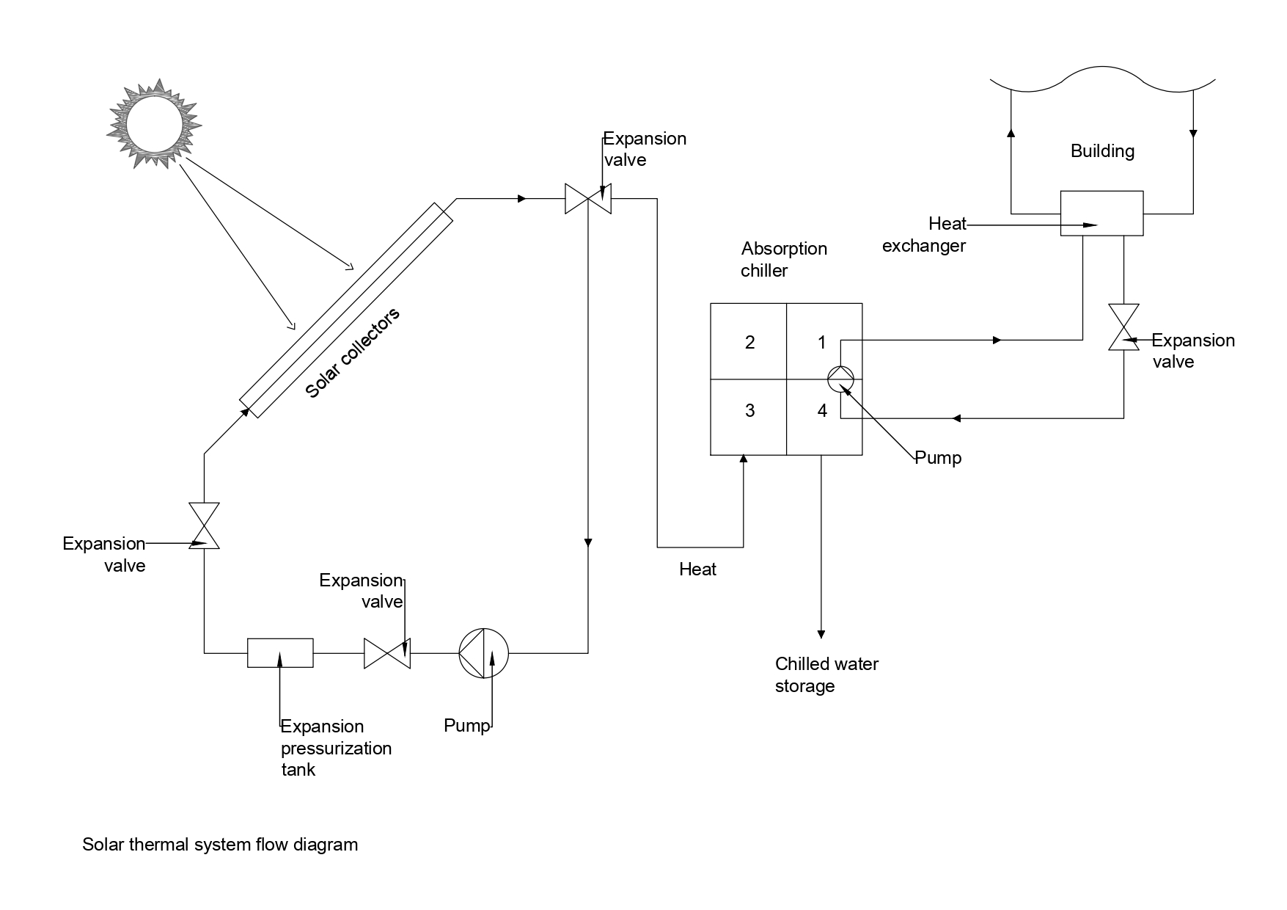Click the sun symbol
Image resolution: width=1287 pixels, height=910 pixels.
154,123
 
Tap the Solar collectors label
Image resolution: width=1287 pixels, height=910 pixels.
353,353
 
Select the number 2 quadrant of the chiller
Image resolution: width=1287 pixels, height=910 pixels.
749,341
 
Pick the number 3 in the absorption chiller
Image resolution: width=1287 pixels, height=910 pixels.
749,410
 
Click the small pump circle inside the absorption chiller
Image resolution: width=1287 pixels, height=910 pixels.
841,379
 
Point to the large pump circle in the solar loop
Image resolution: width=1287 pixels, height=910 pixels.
483,652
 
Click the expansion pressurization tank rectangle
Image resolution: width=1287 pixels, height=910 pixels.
280,652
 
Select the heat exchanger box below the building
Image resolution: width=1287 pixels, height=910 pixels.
1101,214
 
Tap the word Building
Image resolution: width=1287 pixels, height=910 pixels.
1102,151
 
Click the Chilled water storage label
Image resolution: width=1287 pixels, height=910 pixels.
826,675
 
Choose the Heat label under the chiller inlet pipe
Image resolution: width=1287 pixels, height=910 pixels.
697,569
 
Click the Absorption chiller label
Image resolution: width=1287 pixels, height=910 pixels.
784,260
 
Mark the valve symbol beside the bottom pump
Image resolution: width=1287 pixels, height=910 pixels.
387,652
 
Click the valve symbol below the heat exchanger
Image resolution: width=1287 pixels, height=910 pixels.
1123,327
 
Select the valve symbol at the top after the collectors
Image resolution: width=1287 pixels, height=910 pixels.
588,198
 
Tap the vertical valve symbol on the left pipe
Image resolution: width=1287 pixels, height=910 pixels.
204,525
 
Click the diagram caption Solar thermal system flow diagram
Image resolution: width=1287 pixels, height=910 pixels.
220,845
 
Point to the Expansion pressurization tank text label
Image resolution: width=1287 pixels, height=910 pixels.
337,748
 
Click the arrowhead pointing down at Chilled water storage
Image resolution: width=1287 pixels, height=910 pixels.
821,634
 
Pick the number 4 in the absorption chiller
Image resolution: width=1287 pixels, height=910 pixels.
822,411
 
